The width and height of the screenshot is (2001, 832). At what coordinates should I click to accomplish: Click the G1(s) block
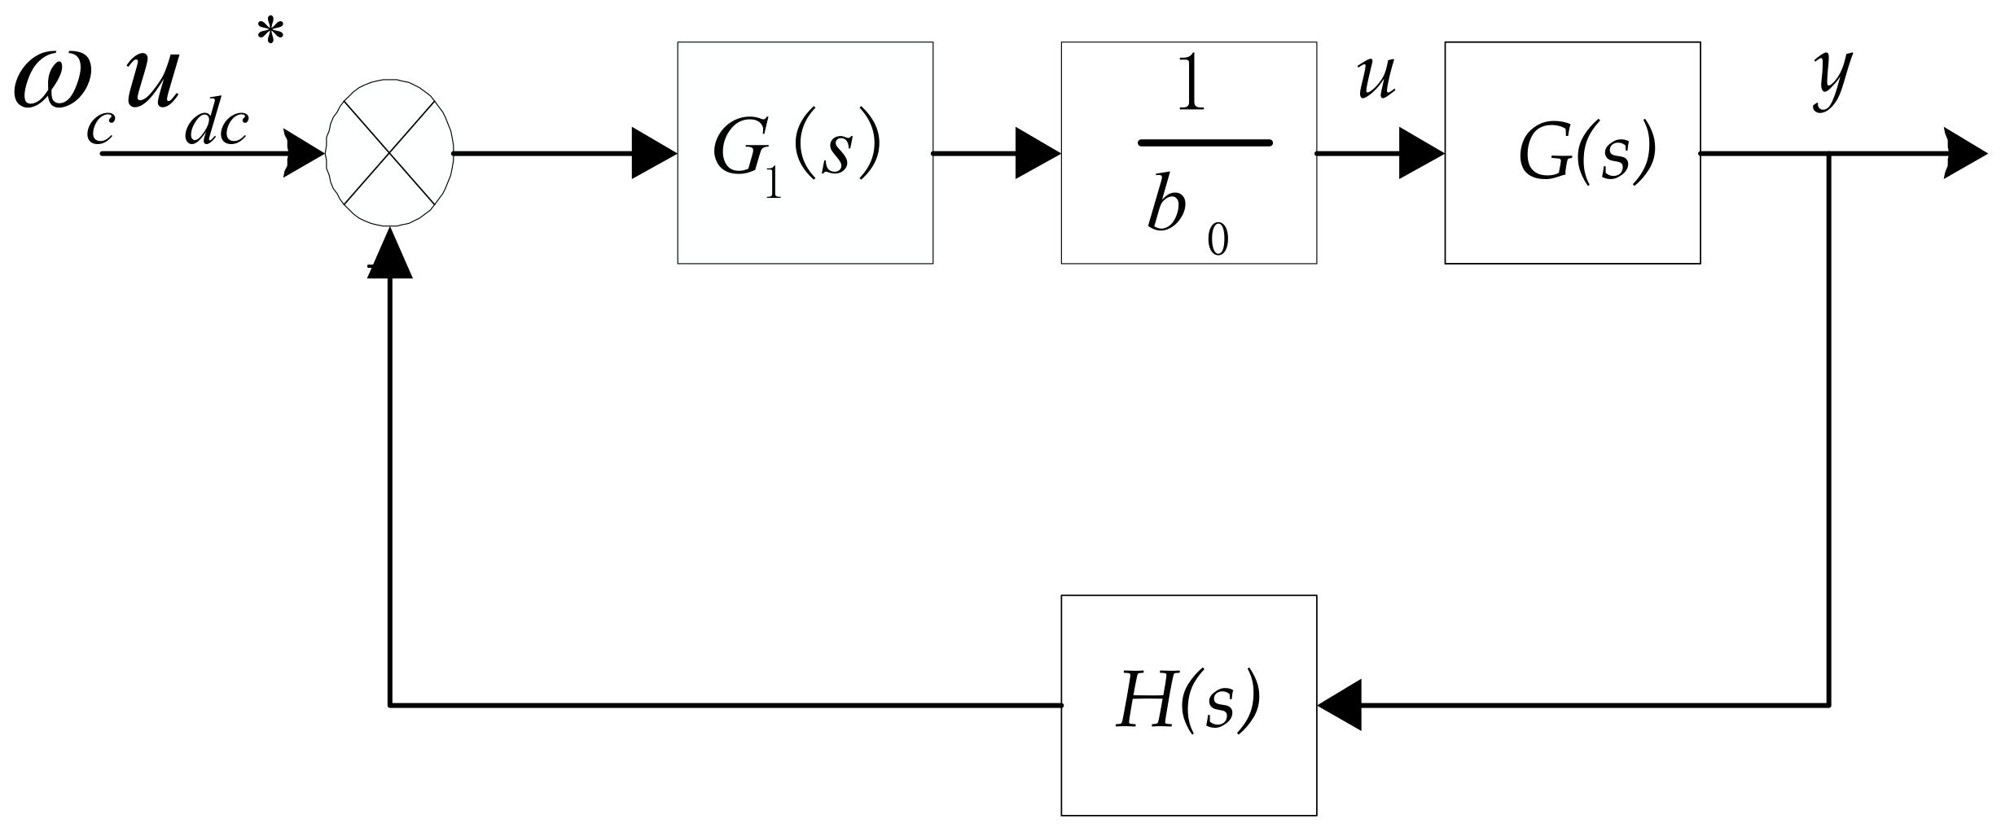click(805, 153)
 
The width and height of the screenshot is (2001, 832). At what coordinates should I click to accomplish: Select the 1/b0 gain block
click(1188, 153)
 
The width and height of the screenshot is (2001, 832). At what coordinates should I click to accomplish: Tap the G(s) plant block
click(1572, 153)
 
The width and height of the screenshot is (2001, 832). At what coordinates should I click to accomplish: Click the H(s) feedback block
click(1188, 705)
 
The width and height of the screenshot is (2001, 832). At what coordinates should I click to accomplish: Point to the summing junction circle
click(389, 153)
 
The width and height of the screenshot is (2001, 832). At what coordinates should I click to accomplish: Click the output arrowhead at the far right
click(1965, 153)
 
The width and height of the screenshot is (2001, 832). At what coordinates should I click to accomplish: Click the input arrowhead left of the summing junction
click(304, 153)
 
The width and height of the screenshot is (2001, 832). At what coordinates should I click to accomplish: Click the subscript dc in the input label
click(216, 128)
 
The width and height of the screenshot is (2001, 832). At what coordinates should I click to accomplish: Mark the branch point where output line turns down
click(1829, 153)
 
